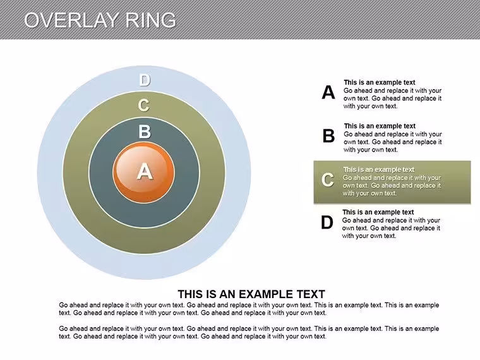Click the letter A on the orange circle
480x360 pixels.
tap(145, 171)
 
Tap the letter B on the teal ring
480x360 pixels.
tap(145, 131)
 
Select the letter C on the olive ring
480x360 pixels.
tap(143, 105)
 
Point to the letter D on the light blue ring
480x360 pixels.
tap(145, 80)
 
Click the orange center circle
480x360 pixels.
tap(143, 172)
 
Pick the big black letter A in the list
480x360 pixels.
tap(328, 92)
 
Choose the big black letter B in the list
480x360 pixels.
tap(329, 136)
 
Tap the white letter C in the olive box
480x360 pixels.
tap(327, 180)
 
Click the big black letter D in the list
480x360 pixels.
tap(327, 222)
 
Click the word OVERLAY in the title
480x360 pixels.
tap(70, 20)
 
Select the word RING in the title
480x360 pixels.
tap(150, 20)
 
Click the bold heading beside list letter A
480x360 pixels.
tap(380, 82)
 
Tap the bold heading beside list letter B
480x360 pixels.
tap(380, 126)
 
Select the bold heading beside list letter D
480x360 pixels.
tap(378, 212)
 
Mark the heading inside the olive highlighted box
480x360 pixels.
tap(379, 170)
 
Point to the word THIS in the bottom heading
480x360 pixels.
tap(191, 294)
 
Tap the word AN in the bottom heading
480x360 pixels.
tap(227, 294)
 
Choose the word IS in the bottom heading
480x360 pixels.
tap(211, 294)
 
